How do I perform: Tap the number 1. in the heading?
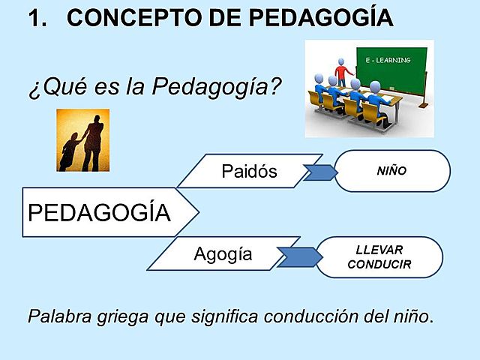(x=37, y=18)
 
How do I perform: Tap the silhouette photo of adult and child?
(x=84, y=140)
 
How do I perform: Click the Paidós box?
(x=250, y=171)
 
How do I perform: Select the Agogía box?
(x=223, y=254)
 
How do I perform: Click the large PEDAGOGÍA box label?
(x=99, y=213)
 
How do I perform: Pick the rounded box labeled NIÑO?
(x=391, y=170)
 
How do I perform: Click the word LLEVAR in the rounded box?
(x=379, y=250)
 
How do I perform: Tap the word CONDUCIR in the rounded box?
(x=379, y=264)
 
